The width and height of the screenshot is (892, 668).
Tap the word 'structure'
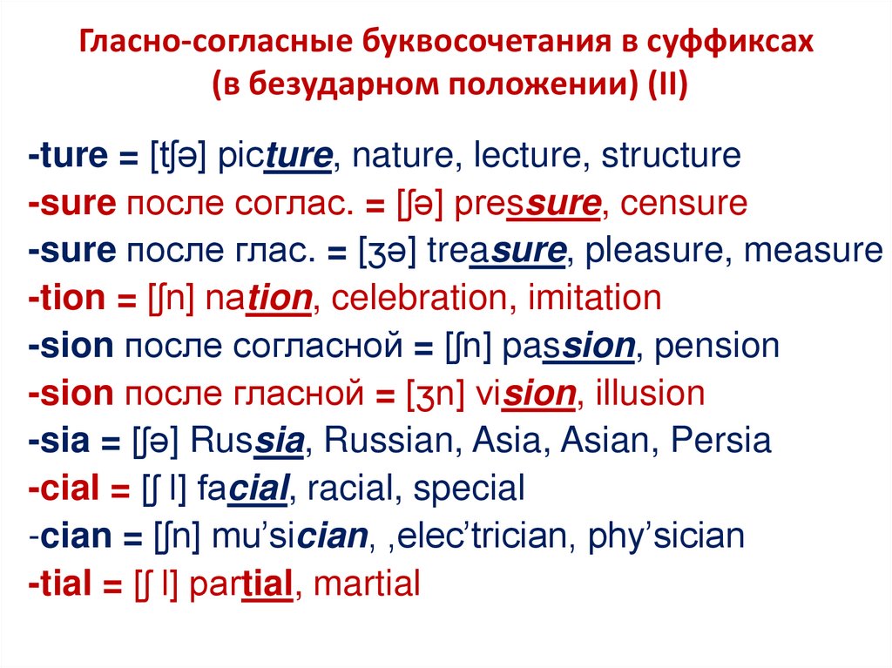point(671,157)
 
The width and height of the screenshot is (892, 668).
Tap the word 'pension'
point(715,347)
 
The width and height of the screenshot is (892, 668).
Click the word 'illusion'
point(650,394)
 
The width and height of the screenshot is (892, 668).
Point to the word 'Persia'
point(721,442)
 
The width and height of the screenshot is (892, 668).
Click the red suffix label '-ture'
point(66,157)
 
